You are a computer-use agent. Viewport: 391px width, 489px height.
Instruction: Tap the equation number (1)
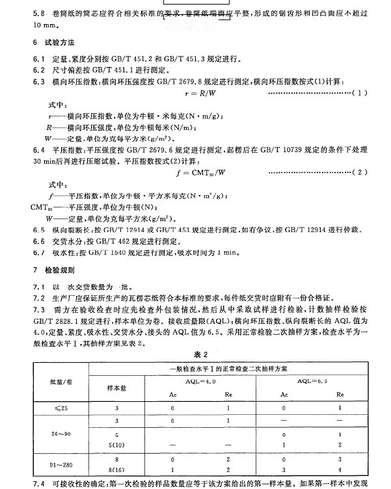359,94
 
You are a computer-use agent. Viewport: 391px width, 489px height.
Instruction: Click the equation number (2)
359,172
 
